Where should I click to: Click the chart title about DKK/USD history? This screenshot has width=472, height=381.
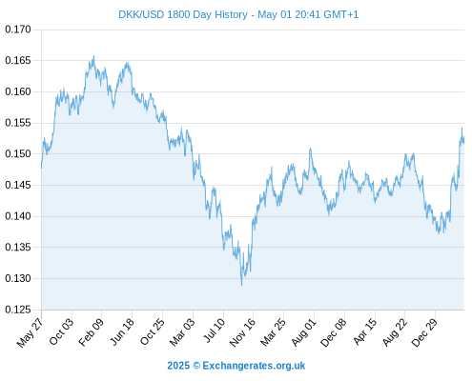(x=238, y=14)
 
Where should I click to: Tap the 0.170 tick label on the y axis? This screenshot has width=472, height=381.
(x=18, y=30)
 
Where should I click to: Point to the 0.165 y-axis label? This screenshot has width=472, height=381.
(x=18, y=60)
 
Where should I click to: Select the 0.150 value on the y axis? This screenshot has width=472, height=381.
(x=18, y=154)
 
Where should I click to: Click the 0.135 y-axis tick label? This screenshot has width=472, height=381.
(x=18, y=247)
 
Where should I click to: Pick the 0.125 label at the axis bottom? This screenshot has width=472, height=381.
(x=18, y=310)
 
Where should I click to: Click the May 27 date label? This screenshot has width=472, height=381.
(x=30, y=332)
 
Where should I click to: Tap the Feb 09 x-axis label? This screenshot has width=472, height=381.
(x=91, y=332)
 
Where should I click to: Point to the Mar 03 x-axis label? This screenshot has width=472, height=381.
(x=182, y=332)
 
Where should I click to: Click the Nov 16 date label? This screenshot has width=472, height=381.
(x=242, y=332)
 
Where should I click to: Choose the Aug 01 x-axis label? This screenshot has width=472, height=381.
(x=304, y=332)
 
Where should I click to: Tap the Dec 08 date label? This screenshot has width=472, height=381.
(x=334, y=332)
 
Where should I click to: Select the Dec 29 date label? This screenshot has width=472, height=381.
(x=424, y=332)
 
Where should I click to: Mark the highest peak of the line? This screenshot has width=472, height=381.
(x=93, y=56)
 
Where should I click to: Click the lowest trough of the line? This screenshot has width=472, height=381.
(x=241, y=285)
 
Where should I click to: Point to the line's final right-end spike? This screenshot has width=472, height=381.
(x=462, y=128)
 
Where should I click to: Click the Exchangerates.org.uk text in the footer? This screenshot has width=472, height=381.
(x=254, y=366)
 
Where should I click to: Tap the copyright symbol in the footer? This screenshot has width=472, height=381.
(x=196, y=366)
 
